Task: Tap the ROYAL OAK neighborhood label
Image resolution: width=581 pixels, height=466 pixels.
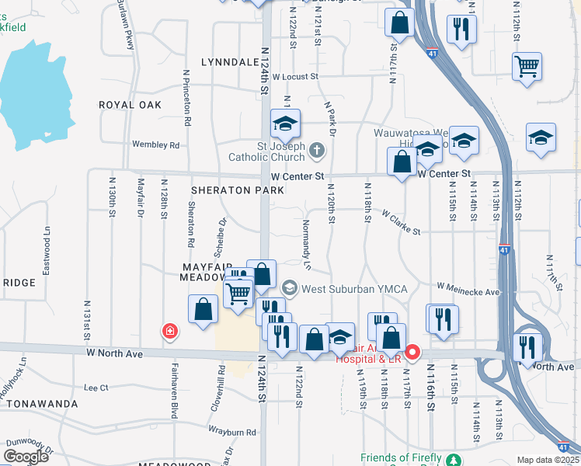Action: (130, 105)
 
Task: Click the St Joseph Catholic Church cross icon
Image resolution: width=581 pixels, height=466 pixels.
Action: (317, 149)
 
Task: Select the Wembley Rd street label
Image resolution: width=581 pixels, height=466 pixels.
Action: (155, 145)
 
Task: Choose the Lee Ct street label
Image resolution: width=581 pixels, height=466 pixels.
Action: (96, 387)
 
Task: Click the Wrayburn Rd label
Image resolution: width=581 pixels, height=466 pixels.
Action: (232, 431)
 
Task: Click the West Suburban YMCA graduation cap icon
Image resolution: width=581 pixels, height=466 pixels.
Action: (290, 289)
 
